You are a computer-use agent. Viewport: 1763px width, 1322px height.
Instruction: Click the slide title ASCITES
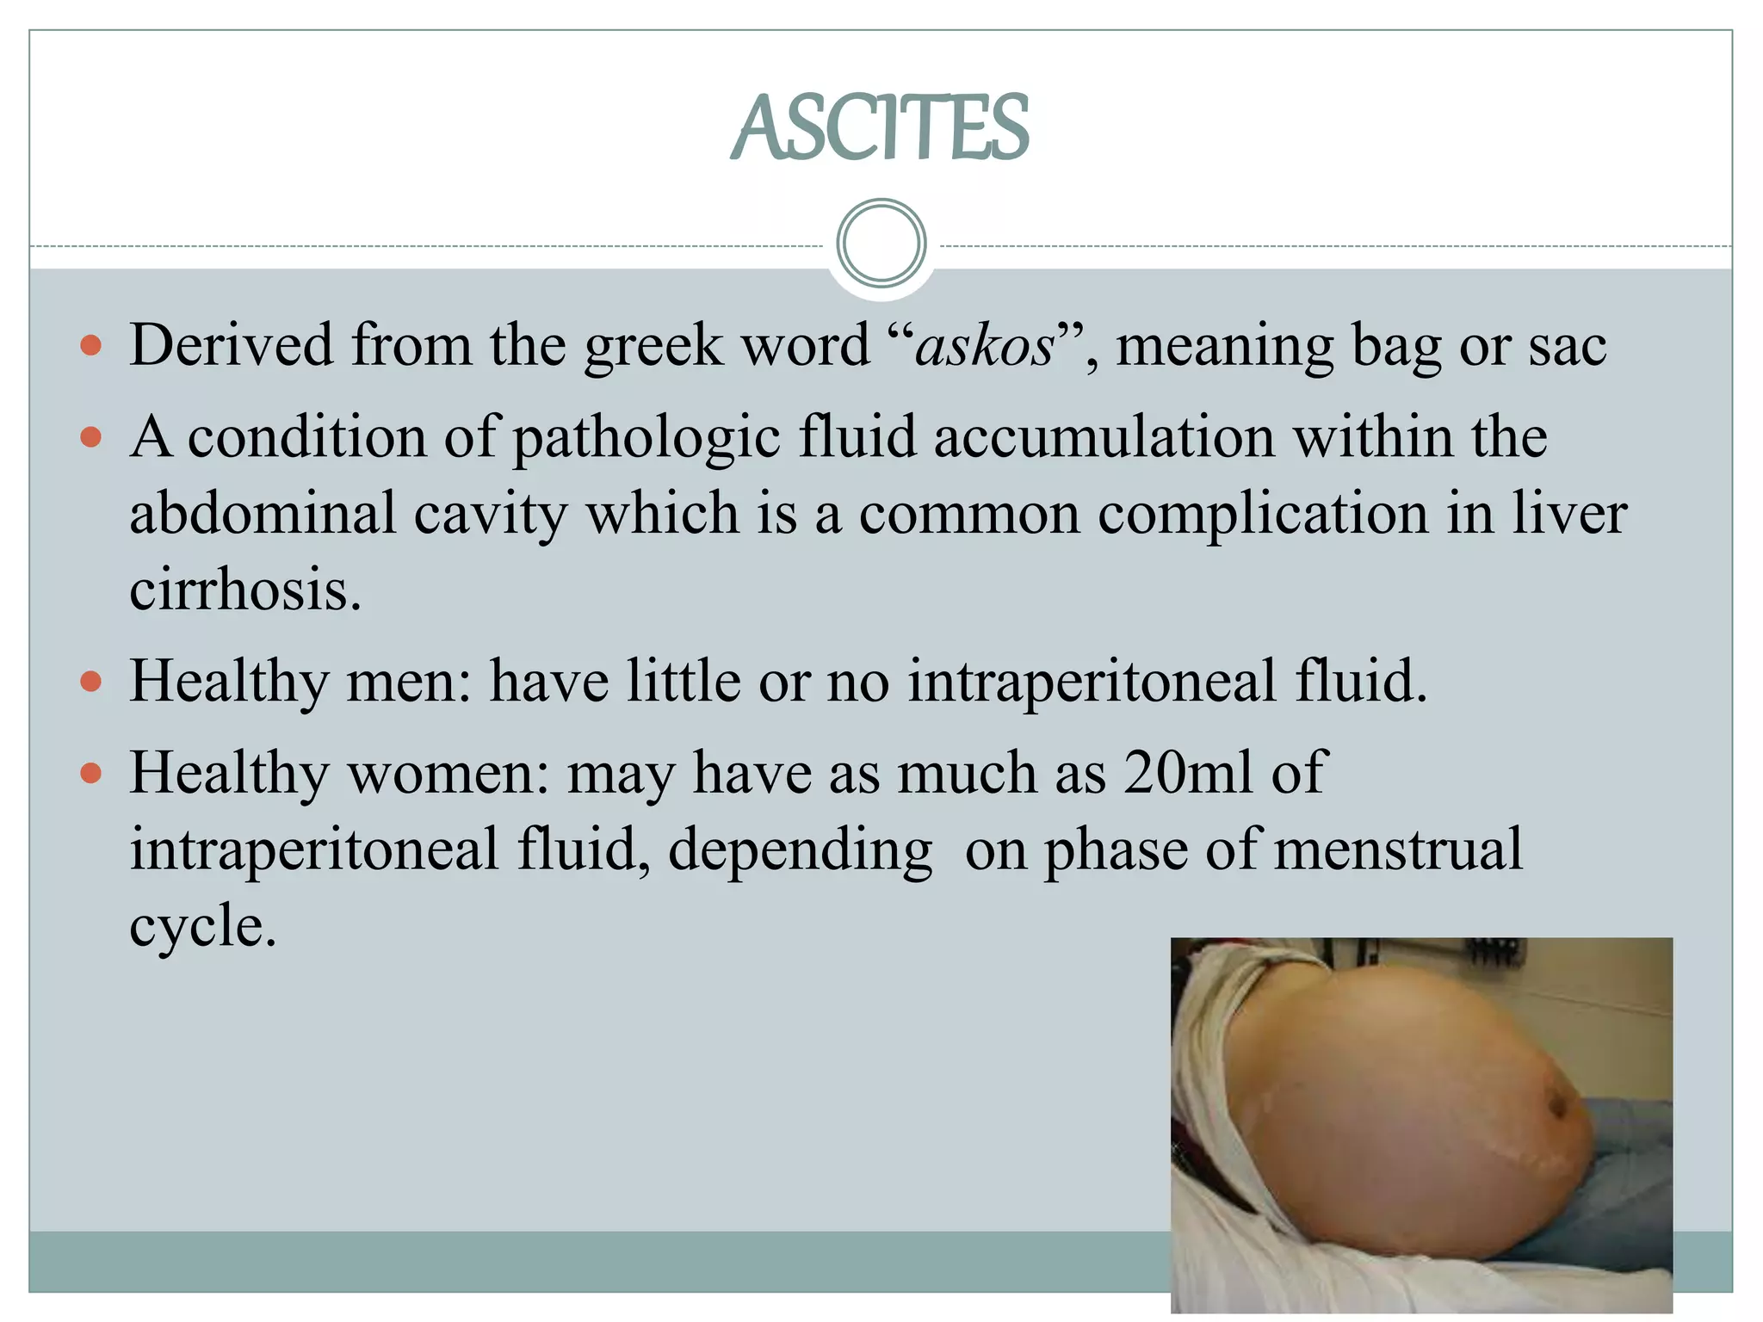tap(880, 128)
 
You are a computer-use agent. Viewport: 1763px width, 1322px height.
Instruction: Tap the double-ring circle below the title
tap(881, 243)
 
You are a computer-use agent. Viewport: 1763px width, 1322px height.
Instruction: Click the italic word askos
tap(984, 346)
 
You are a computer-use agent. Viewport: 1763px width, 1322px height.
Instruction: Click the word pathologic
tap(646, 438)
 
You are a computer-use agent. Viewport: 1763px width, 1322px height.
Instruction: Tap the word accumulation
tap(1104, 436)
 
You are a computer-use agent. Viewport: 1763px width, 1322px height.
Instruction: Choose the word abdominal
tap(263, 513)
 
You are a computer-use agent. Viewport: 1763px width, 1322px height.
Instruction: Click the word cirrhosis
tap(244, 590)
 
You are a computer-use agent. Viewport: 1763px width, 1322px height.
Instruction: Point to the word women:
tap(448, 773)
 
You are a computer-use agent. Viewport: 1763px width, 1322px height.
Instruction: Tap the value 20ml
tap(1188, 772)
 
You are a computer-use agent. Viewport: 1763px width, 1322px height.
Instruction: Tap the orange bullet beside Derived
tap(90, 346)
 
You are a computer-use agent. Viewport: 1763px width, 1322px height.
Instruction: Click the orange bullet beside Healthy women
tap(90, 773)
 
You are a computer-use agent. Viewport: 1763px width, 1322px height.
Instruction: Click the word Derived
tap(231, 345)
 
